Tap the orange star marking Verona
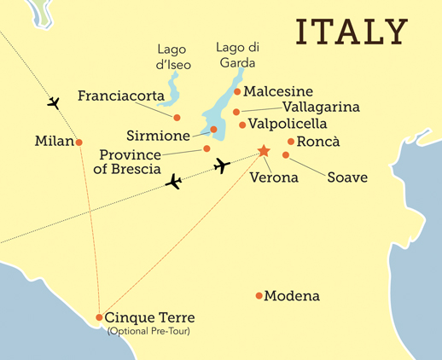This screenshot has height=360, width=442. click(x=264, y=151)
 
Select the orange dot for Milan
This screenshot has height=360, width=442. click(x=79, y=142)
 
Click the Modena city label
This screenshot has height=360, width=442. click(x=292, y=296)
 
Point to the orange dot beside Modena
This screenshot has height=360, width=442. click(x=259, y=296)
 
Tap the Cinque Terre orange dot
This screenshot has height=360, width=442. click(x=100, y=317)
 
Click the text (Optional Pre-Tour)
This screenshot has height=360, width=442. click(x=148, y=331)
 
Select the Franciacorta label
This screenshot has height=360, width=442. click(x=122, y=96)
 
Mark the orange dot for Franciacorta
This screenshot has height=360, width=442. click(x=177, y=117)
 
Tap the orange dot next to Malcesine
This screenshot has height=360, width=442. click(x=237, y=91)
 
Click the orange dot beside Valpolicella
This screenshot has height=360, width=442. click(x=242, y=125)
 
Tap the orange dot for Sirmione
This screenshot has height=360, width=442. click(x=213, y=130)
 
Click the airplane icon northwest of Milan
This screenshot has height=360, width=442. click(x=53, y=103)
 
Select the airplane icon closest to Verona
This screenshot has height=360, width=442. click(x=222, y=165)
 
